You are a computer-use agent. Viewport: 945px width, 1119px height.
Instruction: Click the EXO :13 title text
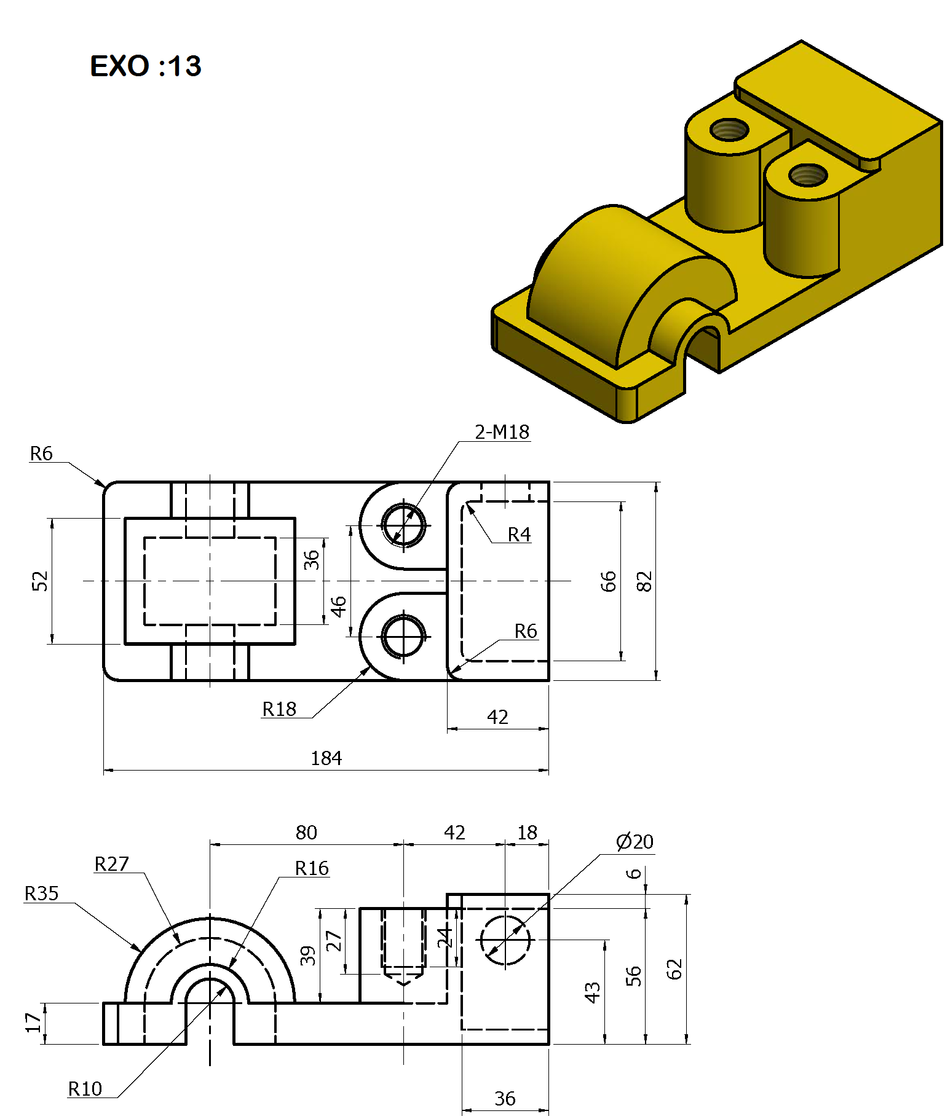[x=146, y=66]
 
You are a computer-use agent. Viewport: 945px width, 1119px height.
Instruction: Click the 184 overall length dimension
[x=326, y=758]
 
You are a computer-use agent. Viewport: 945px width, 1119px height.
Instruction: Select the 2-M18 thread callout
[x=502, y=432]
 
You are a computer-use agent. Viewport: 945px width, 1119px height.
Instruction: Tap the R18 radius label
[x=279, y=709]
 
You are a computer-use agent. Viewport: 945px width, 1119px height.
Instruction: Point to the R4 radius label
[x=519, y=535]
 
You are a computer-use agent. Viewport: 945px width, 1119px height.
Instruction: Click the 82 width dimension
[x=644, y=581]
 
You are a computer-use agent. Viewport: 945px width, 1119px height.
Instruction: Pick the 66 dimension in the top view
[x=608, y=581]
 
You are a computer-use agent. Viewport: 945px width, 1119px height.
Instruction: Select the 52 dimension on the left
[x=39, y=581]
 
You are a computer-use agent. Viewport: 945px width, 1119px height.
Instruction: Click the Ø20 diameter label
[x=635, y=841]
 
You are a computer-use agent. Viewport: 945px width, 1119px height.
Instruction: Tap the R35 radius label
[x=42, y=893]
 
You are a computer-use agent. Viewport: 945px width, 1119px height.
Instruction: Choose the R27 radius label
[x=111, y=864]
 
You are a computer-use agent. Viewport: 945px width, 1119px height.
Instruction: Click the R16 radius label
[x=312, y=868]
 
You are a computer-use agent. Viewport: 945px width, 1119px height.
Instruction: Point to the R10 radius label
[x=85, y=1089]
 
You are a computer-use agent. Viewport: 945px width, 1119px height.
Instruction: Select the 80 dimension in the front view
[x=306, y=833]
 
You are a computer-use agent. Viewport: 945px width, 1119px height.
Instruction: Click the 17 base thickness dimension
[x=33, y=1023]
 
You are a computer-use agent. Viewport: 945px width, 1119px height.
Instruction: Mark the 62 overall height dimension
[x=674, y=969]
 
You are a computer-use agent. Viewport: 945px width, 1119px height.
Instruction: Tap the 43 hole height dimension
[x=592, y=992]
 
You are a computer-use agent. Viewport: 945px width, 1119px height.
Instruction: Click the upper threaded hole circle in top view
[x=403, y=525]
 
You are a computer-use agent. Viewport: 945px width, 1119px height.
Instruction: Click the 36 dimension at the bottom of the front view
[x=505, y=1099]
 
